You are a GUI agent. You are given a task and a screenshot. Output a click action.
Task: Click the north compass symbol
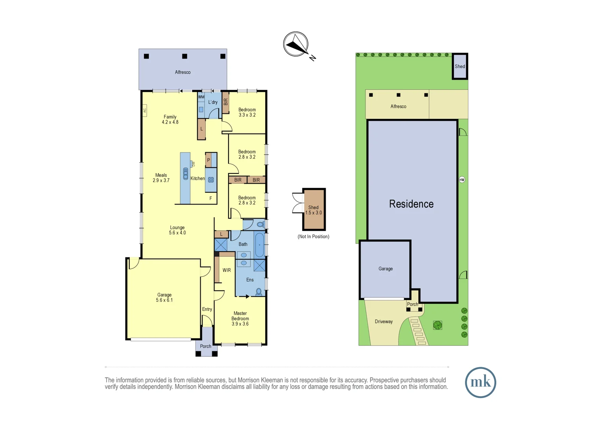click(296, 44)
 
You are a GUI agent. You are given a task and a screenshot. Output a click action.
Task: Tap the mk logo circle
click(480, 382)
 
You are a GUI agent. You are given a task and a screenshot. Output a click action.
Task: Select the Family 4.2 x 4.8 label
click(170, 119)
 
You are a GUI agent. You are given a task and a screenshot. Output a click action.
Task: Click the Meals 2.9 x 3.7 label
click(161, 178)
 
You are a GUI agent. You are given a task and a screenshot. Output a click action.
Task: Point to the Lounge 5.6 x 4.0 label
click(177, 230)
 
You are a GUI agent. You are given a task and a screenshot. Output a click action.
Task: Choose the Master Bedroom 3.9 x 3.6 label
click(240, 318)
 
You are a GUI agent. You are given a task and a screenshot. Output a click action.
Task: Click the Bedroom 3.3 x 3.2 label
click(247, 112)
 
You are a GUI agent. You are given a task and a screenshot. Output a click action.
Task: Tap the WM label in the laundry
click(201, 97)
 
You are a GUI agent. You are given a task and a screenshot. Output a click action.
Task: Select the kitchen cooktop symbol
click(211, 180)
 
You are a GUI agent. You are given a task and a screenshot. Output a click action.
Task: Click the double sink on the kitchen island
click(185, 174)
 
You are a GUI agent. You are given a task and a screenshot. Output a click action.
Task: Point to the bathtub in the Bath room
click(260, 245)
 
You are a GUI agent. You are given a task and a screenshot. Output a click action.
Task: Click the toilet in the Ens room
click(259, 292)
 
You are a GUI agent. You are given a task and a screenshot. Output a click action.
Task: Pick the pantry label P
click(208, 161)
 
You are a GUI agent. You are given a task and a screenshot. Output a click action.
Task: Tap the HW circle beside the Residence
click(462, 180)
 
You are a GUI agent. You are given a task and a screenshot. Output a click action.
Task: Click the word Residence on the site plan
click(411, 204)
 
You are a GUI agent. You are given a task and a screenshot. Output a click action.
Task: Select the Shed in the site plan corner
click(460, 66)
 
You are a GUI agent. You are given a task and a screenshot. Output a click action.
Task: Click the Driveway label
click(383, 322)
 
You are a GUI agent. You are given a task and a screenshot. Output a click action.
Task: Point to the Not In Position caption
click(313, 236)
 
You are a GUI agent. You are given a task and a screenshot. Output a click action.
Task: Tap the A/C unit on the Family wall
click(145, 110)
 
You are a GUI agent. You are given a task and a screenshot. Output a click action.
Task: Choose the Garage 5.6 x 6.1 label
click(164, 298)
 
